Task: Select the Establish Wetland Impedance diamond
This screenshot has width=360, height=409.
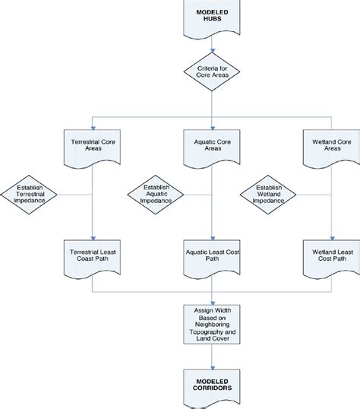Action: (270, 196)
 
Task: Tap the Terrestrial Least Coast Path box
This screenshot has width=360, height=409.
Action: (91, 255)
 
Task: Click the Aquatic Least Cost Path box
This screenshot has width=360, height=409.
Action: (210, 255)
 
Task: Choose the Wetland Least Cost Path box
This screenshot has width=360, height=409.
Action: (329, 255)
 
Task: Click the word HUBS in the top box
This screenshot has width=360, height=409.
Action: (210, 22)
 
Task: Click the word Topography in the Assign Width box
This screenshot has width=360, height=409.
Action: (210, 332)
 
